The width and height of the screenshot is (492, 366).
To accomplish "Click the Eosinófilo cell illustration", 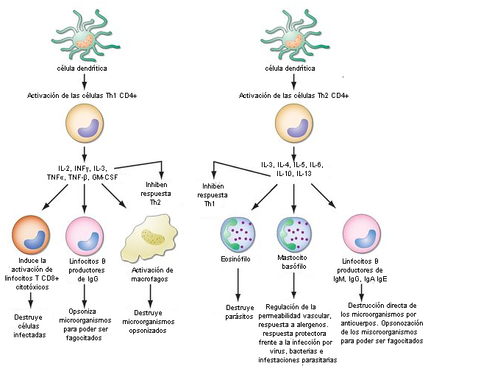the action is [238, 233].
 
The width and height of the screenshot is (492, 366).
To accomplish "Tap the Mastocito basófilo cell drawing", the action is [294, 233].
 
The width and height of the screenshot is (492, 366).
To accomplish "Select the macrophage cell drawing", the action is [149, 238].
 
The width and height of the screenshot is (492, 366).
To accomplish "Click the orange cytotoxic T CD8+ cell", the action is [31, 235].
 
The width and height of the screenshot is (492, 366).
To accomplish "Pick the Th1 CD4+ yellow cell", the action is [85, 123].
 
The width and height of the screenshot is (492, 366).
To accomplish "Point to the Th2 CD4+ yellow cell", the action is [294, 123].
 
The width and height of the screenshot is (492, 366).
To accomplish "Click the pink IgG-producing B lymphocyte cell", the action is [85, 235].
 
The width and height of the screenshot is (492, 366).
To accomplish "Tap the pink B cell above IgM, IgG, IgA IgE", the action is [362, 234].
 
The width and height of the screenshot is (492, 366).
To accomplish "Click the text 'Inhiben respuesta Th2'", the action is [156, 193].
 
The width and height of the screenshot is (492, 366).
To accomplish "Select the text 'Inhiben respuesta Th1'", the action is [213, 194].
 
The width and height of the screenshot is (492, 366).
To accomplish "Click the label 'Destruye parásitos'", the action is [240, 312].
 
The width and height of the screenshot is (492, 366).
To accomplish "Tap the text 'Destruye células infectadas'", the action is [29, 325].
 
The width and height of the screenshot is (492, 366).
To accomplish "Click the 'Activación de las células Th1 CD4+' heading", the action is [82, 95].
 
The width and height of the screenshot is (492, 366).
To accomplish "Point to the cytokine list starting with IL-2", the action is [82, 173].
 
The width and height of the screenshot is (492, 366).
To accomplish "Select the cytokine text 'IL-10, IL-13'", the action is [294, 173].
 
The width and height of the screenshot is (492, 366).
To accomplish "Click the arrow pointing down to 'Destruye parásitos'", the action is [238, 284].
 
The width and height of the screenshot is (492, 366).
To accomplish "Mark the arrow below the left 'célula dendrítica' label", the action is [84, 81].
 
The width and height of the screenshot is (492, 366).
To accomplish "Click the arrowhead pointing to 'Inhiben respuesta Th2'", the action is [161, 175].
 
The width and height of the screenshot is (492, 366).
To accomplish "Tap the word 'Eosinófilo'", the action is [235, 259].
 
